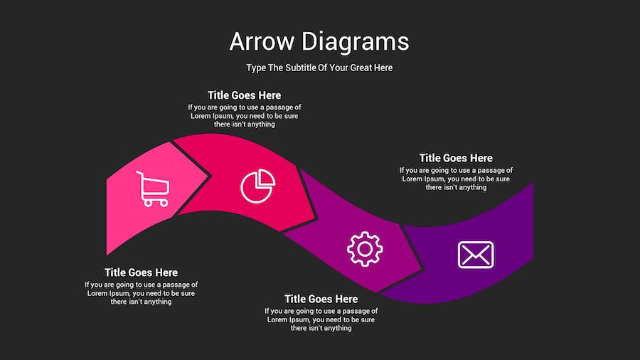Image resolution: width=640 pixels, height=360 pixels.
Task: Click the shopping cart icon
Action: tap(153, 189)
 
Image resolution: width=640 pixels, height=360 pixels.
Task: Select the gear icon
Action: tap(365, 248)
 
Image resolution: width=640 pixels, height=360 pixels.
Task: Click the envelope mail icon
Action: tap(476, 255)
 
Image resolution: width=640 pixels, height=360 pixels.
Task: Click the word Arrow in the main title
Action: tap(261, 41)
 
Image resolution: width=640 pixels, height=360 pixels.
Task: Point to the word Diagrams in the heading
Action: tap(355, 41)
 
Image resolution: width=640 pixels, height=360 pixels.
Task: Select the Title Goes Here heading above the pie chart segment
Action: tap(244, 95)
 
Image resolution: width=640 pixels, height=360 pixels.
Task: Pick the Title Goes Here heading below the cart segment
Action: tap(141, 272)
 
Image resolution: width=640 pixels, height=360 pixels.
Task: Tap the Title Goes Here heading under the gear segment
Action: tap(321, 299)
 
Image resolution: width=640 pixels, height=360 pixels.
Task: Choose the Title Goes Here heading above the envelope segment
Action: tap(456, 158)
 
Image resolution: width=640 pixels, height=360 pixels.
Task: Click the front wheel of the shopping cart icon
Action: tap(164, 203)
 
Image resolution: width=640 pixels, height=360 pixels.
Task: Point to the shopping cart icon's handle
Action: tap(139, 174)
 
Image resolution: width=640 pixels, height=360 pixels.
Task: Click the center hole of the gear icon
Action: tap(365, 248)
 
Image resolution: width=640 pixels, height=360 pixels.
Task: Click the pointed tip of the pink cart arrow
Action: tap(209, 174)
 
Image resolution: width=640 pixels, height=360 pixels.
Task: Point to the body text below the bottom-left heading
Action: tap(141, 293)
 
